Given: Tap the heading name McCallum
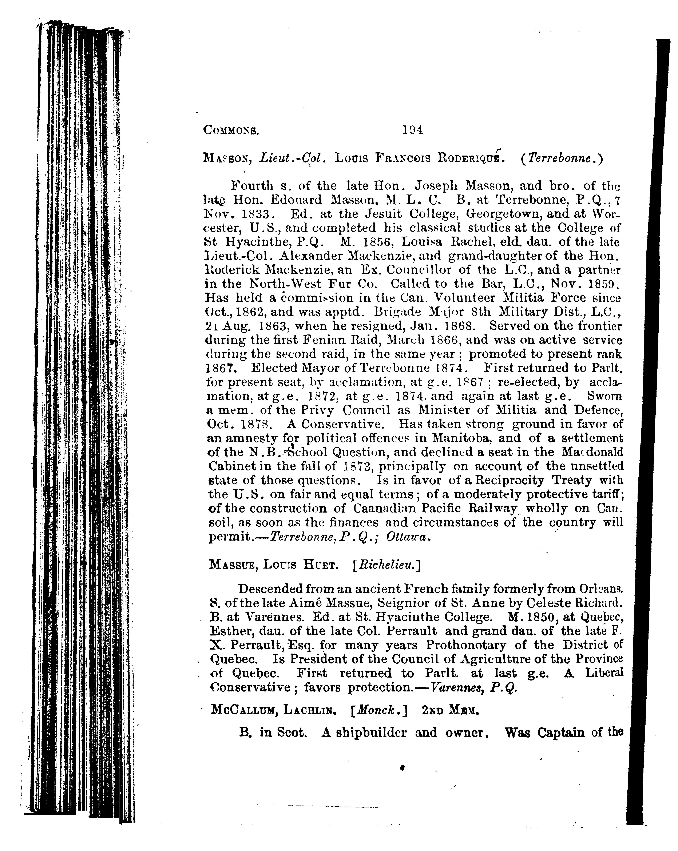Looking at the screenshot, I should click(241, 710).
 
